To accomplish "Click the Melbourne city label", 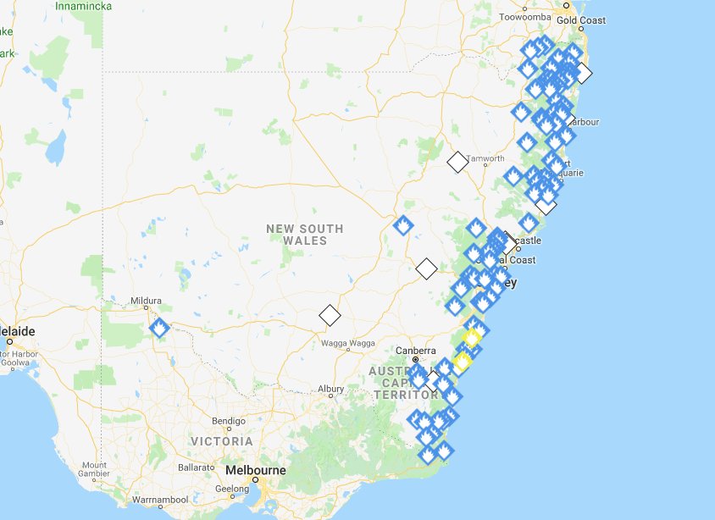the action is [x=255, y=471].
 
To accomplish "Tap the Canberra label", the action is [x=416, y=351].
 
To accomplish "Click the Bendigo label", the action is [x=228, y=421].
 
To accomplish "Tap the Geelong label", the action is [x=232, y=489].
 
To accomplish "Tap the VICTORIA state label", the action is [x=222, y=442].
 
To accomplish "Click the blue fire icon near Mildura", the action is [x=158, y=328].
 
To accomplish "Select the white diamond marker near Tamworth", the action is [x=457, y=162].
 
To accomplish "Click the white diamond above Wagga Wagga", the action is [x=330, y=316].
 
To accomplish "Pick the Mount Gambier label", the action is [x=95, y=470].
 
